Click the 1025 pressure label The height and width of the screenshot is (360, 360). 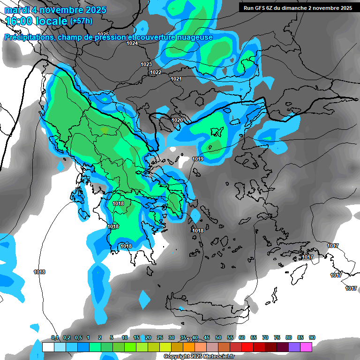click(x=103, y=34)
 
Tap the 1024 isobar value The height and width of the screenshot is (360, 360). click(x=132, y=43)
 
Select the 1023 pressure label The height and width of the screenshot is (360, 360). click(x=146, y=64)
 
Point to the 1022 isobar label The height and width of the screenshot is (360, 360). click(x=156, y=72)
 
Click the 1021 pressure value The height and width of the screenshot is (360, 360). click(x=176, y=79)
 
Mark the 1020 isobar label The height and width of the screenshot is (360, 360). click(x=177, y=120)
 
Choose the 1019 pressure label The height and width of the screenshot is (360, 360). click(x=198, y=159)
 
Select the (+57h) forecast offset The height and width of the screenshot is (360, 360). click(x=81, y=21)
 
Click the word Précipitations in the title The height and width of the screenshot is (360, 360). click(x=27, y=37)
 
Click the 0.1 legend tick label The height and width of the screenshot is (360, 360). click(x=55, y=338)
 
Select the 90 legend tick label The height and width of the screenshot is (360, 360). click(x=312, y=338)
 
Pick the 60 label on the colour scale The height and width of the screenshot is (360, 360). click(x=242, y=338)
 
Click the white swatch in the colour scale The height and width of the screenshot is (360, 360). click(x=48, y=347)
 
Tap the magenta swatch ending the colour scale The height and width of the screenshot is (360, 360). click(x=306, y=347)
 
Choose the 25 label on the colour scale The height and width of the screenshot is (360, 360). click(x=160, y=338)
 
